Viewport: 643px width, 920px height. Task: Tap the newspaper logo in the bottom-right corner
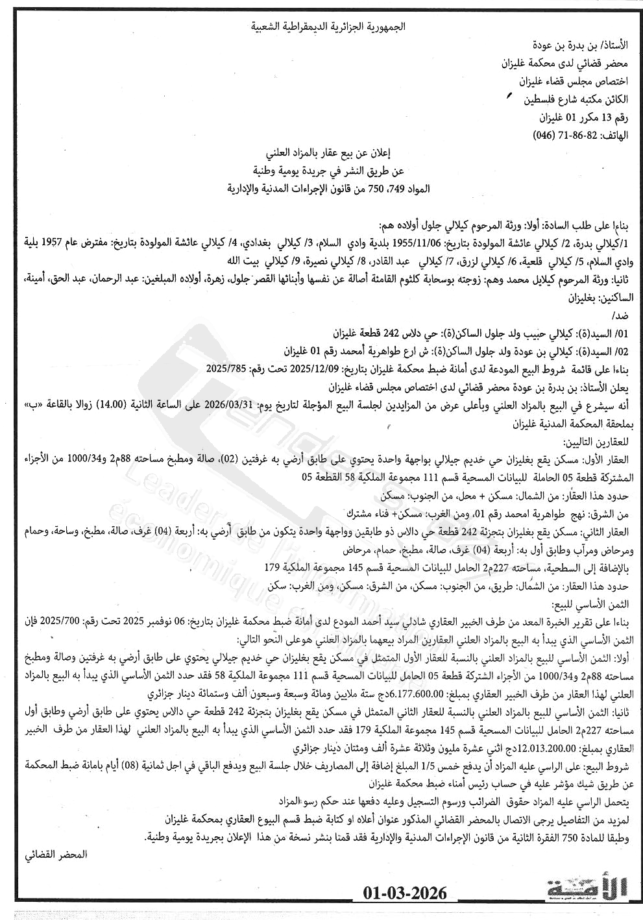[x=587, y=891]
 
